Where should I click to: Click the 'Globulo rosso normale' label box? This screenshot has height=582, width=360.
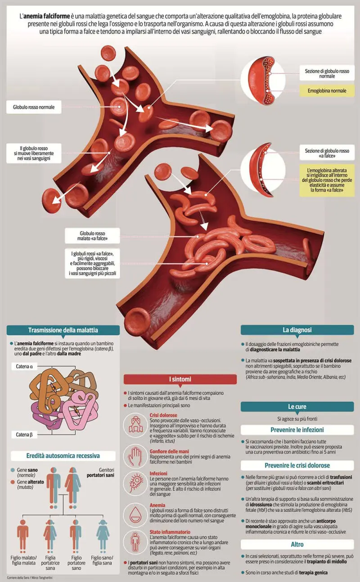(34, 107)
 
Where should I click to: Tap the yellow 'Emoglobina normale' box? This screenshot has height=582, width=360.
(327, 90)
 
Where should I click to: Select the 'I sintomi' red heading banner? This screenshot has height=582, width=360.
(180, 379)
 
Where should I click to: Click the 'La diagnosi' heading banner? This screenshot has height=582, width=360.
(297, 330)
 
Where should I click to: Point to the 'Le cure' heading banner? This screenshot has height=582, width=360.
(297, 406)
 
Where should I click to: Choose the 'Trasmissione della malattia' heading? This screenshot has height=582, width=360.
(63, 330)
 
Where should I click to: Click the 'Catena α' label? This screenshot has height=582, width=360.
(24, 366)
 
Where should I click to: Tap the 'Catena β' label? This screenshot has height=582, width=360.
(24, 434)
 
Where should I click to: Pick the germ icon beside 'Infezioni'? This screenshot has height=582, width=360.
(135, 483)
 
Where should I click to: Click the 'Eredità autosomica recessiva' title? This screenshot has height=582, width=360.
(63, 456)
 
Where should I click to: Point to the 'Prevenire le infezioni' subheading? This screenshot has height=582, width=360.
(297, 430)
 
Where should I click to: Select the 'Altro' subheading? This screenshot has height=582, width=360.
(297, 544)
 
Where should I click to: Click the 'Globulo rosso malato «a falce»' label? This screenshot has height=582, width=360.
(92, 236)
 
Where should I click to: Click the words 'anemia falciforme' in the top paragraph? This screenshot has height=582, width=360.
(47, 16)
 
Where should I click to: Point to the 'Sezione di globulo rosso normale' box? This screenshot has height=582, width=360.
(327, 73)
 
